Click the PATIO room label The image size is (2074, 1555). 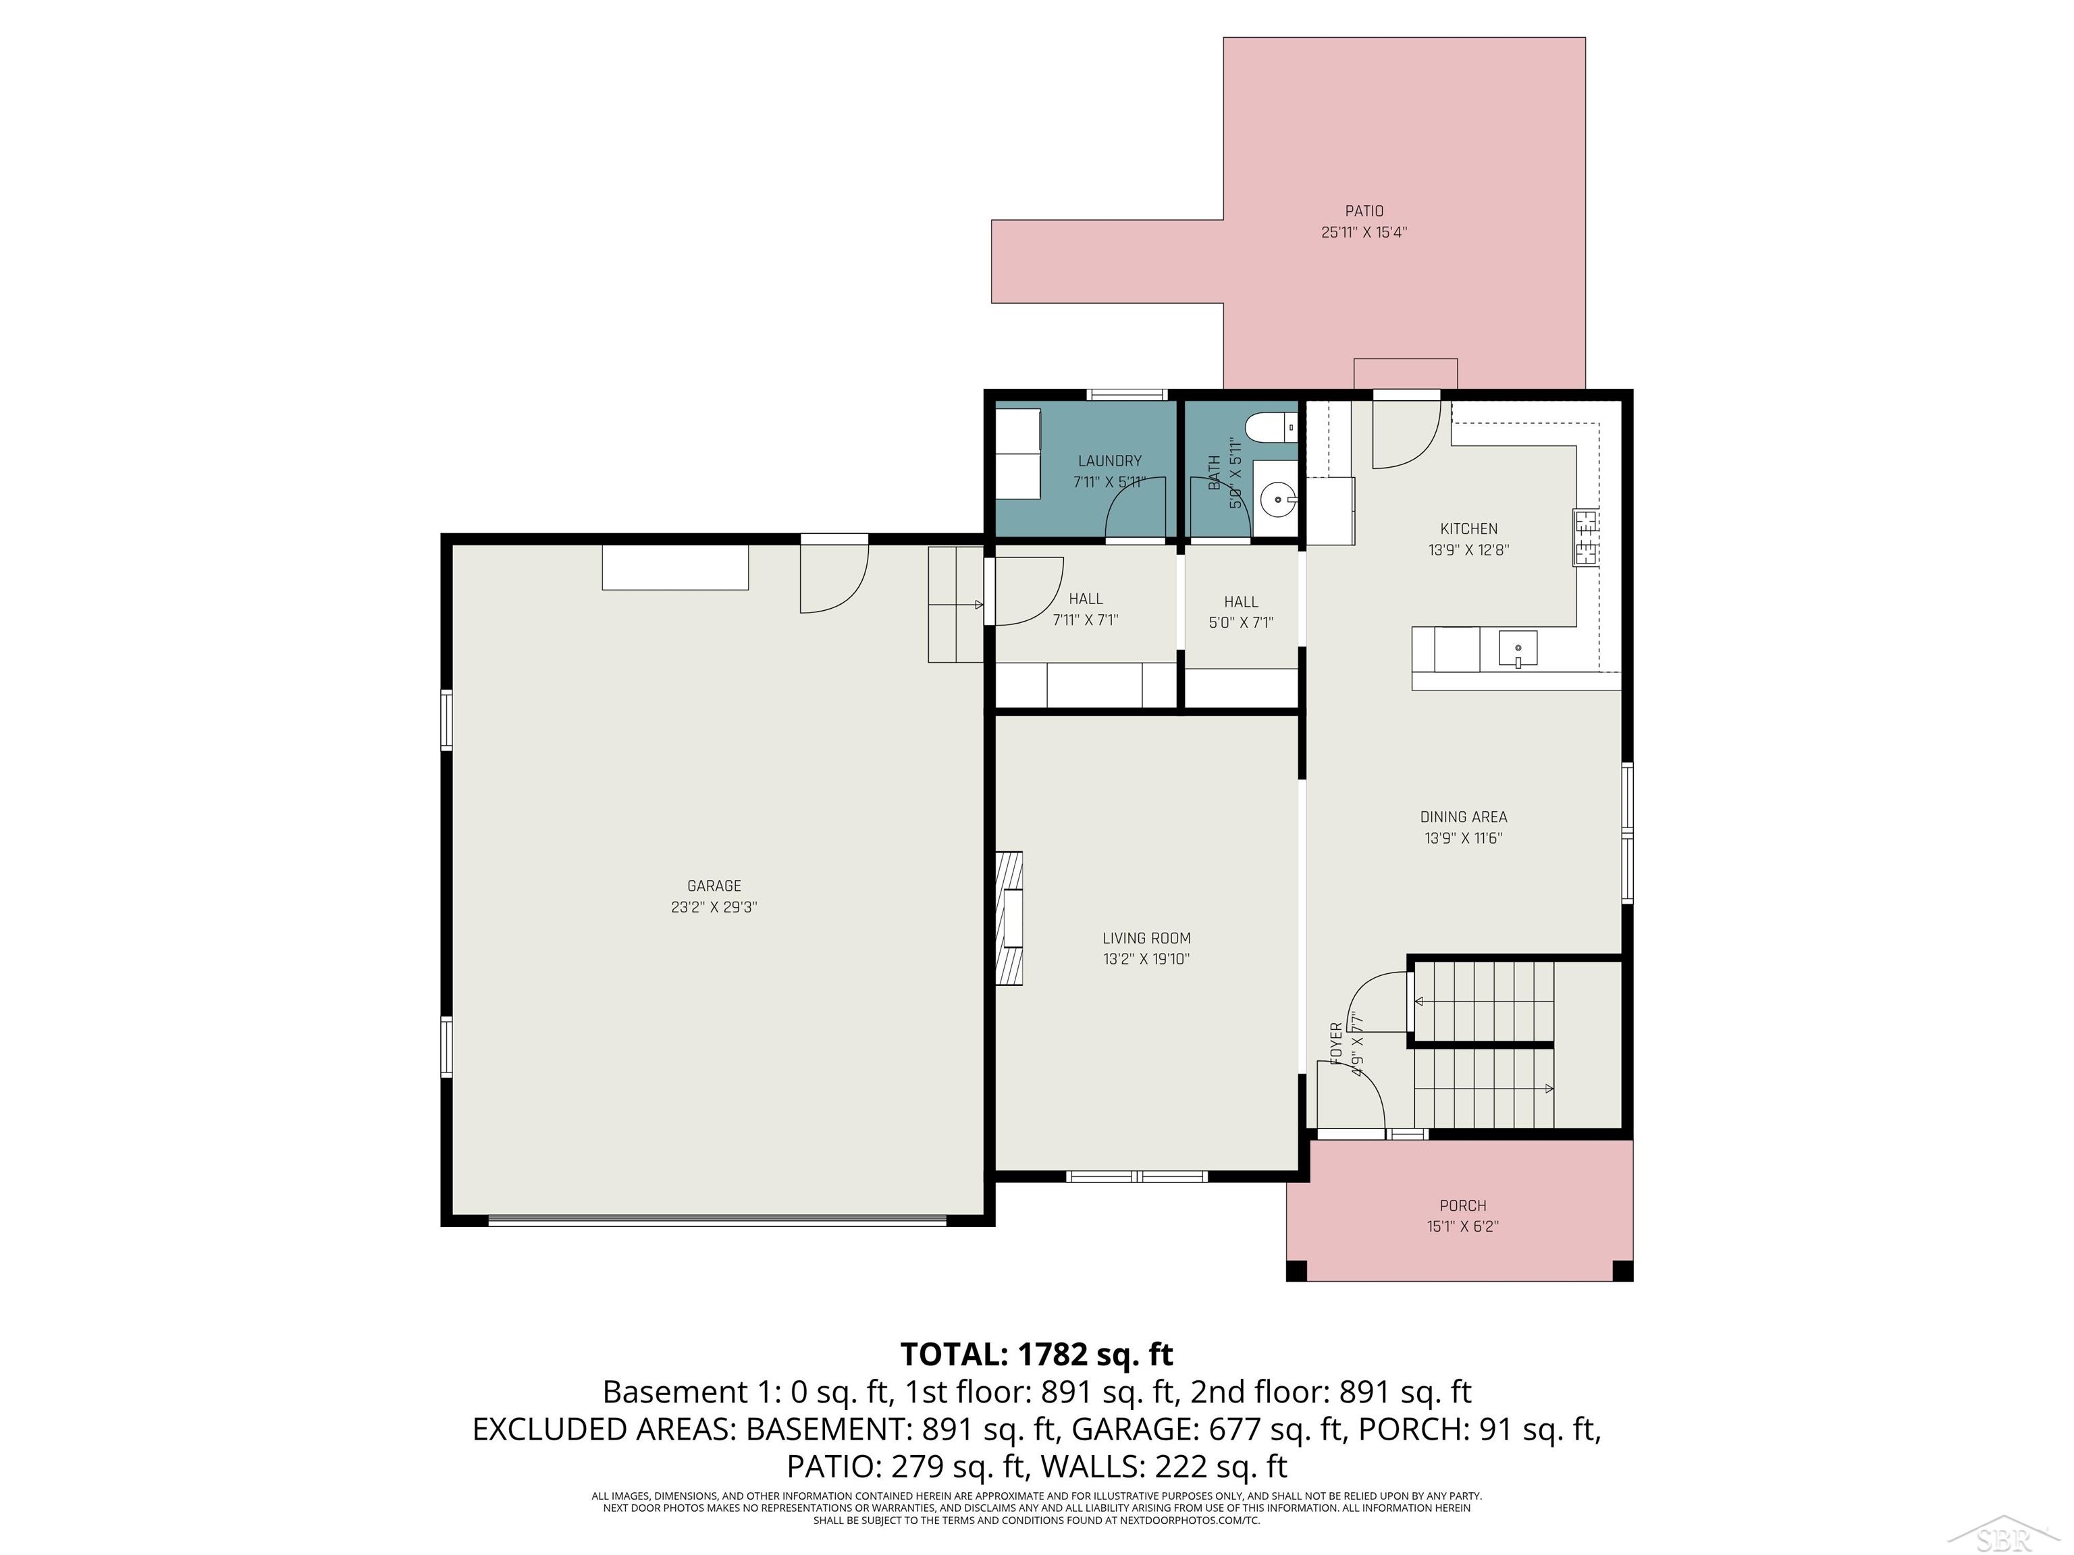1364,211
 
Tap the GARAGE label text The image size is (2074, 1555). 714,885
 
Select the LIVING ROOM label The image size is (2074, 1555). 1146,938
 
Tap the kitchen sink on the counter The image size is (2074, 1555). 1518,649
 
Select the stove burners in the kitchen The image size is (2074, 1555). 1585,537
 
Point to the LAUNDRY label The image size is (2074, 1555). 1110,461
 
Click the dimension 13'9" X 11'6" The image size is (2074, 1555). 1464,839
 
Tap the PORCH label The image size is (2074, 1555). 1463,1205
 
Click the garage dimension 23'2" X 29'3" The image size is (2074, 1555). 714,907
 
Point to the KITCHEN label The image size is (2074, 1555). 1468,528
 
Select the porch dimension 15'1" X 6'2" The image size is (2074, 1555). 1463,1227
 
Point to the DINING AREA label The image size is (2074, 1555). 1464,817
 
